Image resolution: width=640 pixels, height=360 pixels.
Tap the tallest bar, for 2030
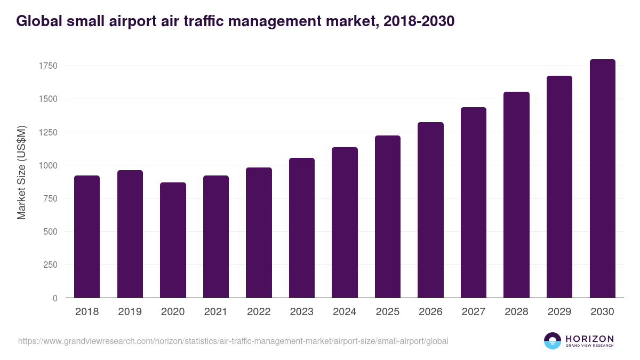(602, 178)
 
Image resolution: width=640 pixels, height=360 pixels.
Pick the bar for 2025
(388, 217)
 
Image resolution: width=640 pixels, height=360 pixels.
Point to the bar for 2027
(474, 202)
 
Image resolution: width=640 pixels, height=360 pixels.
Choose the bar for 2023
(302, 228)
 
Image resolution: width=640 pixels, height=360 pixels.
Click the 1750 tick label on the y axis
(47, 66)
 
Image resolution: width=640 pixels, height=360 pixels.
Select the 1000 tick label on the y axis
(47, 165)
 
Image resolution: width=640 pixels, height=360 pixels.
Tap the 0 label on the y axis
(55, 298)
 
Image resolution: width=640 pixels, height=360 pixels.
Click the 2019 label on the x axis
(130, 312)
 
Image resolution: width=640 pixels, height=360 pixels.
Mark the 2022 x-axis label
(259, 312)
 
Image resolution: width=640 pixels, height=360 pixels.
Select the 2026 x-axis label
(430, 312)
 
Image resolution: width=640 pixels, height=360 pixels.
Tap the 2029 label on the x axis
(559, 312)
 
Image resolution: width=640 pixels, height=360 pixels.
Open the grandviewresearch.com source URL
(233, 341)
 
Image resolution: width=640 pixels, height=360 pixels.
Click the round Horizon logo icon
(553, 341)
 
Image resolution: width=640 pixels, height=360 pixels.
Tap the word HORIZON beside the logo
(589, 339)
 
